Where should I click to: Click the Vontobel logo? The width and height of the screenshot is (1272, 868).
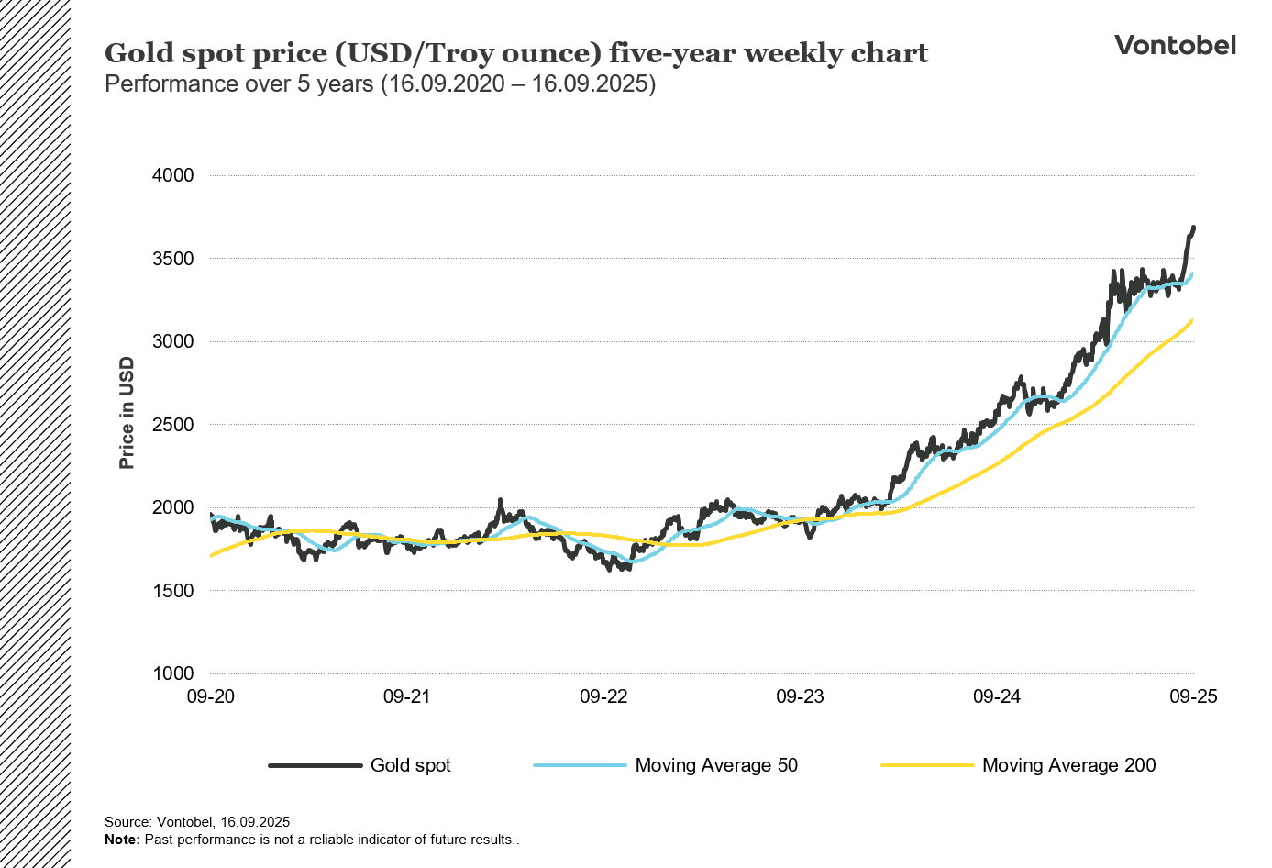click(1175, 45)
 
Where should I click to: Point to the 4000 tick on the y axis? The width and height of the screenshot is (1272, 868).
click(172, 175)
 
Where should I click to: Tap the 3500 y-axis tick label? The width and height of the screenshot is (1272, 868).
click(172, 259)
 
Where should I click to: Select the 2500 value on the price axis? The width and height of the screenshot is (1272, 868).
click(172, 425)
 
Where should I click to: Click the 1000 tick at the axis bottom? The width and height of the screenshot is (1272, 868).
click(172, 673)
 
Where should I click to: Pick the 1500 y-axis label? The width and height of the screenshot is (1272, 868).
click(172, 591)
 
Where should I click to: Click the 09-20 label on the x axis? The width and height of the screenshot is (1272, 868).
click(211, 696)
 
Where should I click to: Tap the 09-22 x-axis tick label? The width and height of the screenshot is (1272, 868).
click(603, 696)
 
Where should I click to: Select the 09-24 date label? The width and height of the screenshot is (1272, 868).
click(997, 696)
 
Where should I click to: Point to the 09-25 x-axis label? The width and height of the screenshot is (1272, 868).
click(1193, 696)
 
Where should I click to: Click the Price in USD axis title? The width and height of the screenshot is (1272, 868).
click(127, 413)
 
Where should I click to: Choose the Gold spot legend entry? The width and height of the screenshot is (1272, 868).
click(410, 765)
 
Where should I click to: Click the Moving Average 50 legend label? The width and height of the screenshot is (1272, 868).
click(716, 765)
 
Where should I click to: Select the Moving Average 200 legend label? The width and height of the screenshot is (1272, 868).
click(1068, 765)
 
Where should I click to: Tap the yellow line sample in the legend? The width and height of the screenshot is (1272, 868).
click(926, 765)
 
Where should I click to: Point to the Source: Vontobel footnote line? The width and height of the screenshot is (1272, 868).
click(197, 822)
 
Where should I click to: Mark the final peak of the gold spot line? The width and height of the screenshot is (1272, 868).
click(1193, 227)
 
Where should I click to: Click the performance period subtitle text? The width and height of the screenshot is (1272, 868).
click(380, 84)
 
